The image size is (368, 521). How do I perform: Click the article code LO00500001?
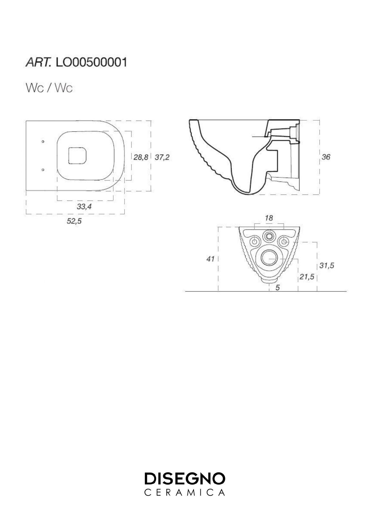coord(91,63)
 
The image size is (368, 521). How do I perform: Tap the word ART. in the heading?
coord(39,63)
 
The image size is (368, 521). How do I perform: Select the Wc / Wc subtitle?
coord(49,88)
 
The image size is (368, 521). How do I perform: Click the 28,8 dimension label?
coord(141,157)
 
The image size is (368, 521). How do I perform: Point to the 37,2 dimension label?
coord(162,157)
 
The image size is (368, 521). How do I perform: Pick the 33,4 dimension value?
coord(84,206)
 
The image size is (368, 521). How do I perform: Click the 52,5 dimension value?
coord(74,221)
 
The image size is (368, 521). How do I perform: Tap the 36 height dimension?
coord(326,157)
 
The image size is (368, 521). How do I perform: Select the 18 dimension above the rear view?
coord(269,218)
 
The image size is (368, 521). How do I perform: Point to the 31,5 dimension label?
coord(326,265)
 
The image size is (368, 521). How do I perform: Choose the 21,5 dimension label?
coord(306,277)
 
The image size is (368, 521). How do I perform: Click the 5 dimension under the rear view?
coord(278,288)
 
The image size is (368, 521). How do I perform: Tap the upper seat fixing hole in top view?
coord(43,142)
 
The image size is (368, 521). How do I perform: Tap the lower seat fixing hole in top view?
coord(43,170)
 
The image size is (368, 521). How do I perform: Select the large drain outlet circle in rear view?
coord(269,258)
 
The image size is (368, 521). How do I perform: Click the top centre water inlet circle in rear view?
coord(269,236)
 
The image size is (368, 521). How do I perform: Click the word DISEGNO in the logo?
coord(185,479)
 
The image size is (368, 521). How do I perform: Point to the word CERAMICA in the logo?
coord(185,493)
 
